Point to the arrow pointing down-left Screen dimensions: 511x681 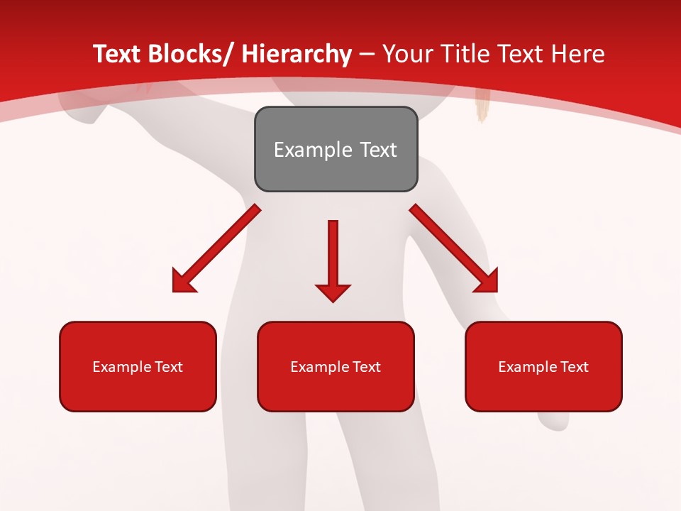tap(216, 248)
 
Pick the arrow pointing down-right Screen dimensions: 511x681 tap(454, 248)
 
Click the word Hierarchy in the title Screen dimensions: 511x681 tap(297, 54)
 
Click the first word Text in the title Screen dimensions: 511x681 tap(117, 54)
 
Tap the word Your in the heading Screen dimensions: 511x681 tap(406, 54)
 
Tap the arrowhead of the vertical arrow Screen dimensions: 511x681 tap(333, 292)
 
